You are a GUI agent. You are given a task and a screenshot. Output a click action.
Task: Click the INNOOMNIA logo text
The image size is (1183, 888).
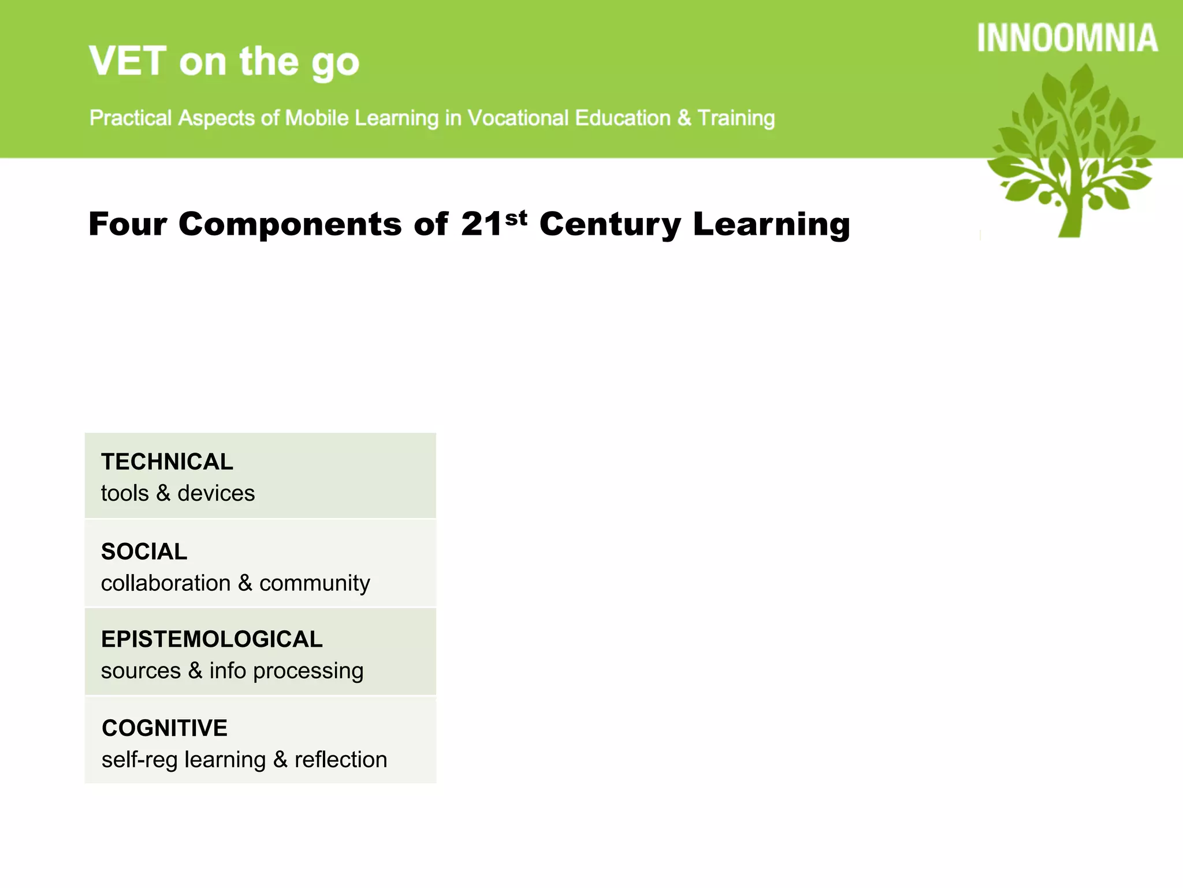pyautogui.click(x=1067, y=38)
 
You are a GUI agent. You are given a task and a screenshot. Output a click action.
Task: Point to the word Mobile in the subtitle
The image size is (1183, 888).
pyautogui.click(x=317, y=118)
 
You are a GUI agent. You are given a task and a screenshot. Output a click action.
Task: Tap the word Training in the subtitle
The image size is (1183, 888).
pyautogui.click(x=736, y=118)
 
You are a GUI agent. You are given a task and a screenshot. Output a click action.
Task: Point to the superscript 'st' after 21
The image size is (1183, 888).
pyautogui.click(x=516, y=218)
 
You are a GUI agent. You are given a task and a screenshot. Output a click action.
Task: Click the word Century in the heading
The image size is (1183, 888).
pyautogui.click(x=609, y=225)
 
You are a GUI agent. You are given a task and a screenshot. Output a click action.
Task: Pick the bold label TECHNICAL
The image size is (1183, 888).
pyautogui.click(x=167, y=462)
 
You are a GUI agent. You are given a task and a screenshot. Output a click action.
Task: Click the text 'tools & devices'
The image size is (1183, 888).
pyautogui.click(x=177, y=493)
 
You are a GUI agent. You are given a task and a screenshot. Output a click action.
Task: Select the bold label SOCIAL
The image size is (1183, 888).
pyautogui.click(x=144, y=552)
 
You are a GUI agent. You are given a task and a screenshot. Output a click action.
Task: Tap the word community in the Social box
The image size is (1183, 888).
pyautogui.click(x=314, y=583)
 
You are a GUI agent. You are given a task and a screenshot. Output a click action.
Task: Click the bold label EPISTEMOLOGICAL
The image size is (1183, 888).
pyautogui.click(x=211, y=639)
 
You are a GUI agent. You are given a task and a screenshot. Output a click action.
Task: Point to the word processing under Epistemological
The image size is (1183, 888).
pyautogui.click(x=308, y=671)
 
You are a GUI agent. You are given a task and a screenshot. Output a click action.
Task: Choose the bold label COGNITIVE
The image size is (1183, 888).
pyautogui.click(x=165, y=728)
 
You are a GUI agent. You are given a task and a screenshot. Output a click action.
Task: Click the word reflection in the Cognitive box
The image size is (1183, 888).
pyautogui.click(x=340, y=760)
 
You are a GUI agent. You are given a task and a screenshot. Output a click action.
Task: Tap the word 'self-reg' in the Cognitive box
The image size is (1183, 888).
pyautogui.click(x=139, y=760)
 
